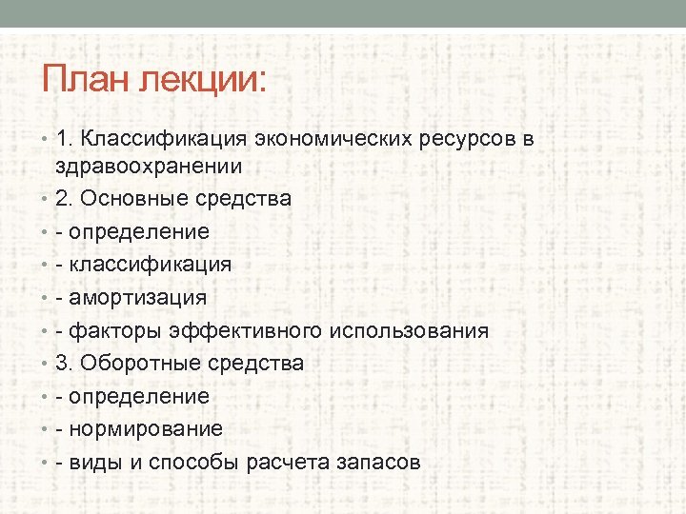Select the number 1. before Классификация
point(66,139)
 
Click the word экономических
point(333,139)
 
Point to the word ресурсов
point(468,139)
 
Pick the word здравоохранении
point(149,166)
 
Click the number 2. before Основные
point(66,199)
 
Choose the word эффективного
point(245,330)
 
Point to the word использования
point(410,330)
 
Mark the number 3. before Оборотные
point(66,364)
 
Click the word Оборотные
point(135,364)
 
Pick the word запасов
point(377,462)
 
